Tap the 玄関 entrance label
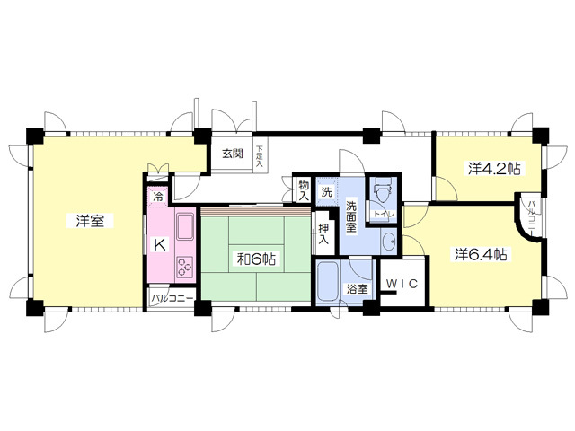click(233, 154)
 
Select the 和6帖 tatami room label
click(256, 259)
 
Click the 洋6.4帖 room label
click(480, 254)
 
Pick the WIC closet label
click(403, 284)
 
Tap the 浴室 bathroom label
click(358, 289)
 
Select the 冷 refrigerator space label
click(159, 197)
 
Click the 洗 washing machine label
click(327, 191)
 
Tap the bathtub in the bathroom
click(329, 286)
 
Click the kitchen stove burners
click(186, 265)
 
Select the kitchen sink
click(185, 228)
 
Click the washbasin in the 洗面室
click(388, 241)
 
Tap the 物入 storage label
click(304, 189)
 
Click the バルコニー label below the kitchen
click(172, 297)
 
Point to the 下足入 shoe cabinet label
click(259, 156)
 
